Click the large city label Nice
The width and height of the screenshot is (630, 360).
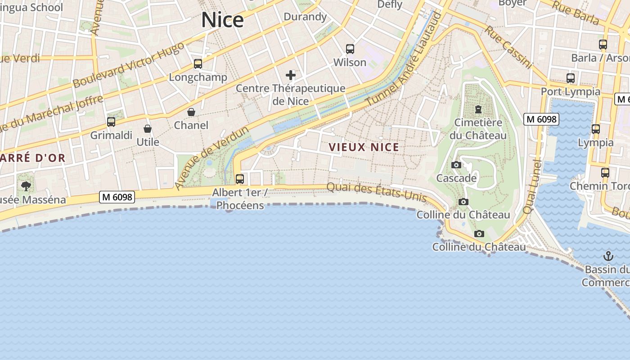coord(222,20)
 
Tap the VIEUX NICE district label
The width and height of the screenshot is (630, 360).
coord(364,147)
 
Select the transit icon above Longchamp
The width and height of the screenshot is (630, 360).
coord(198,64)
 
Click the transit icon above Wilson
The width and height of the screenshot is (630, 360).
coord(350,49)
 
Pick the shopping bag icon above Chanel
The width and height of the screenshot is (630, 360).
coord(191,112)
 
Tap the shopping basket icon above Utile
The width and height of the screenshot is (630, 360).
coord(148,129)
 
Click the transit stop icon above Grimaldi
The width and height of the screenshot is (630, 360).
coord(111,121)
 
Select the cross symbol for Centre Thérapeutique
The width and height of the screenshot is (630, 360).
coord(291,75)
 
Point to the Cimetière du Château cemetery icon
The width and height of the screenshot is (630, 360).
coord(478,109)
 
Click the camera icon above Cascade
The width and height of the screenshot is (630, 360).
coord(456,165)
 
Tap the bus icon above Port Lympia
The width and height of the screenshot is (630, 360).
coord(571,78)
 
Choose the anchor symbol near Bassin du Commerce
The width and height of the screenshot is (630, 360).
coord(608,256)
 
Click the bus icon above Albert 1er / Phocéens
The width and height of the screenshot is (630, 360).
coord(240,179)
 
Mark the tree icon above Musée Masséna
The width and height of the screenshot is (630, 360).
coord(26,186)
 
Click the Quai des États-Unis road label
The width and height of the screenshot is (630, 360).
coord(376,192)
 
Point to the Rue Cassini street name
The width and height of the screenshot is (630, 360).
coord(508,47)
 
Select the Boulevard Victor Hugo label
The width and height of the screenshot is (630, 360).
coord(128,65)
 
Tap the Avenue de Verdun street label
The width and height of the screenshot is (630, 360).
coord(211,158)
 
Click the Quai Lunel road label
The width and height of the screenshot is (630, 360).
coord(532,187)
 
